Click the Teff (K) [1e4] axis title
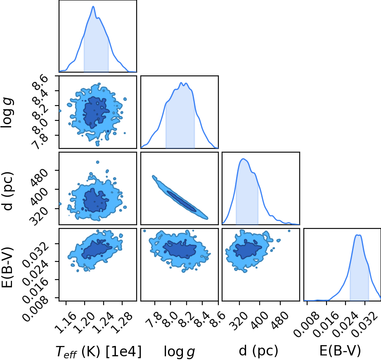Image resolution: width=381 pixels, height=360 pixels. pos(99,351)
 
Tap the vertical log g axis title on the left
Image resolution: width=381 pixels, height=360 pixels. pos(7,113)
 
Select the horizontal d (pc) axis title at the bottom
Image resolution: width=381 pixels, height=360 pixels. pos(258,351)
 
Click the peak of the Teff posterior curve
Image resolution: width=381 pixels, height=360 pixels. pos(93,6)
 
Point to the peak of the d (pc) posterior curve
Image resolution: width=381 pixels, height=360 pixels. pos(244,159)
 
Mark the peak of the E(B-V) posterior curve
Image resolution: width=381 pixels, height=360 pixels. pos(358,235)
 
